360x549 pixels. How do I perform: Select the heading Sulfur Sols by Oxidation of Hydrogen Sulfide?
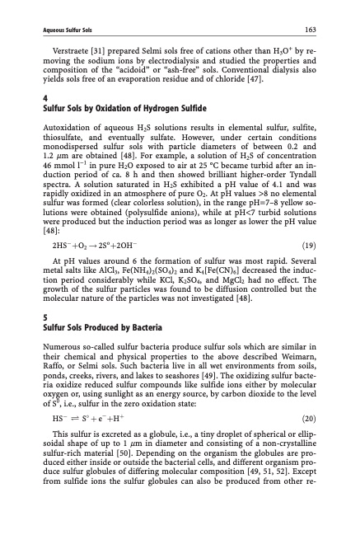pyautogui.click(x=123, y=108)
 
